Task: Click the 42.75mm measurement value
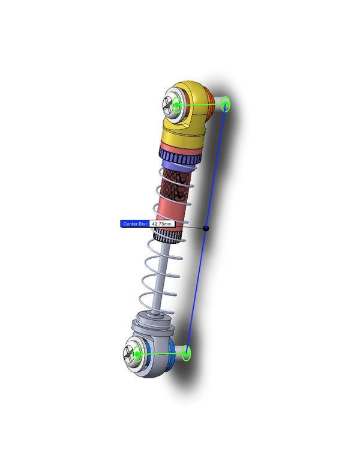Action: click(x=161, y=223)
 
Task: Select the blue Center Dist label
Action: click(x=134, y=223)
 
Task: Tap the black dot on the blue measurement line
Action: click(x=206, y=228)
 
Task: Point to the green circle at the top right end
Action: click(x=226, y=104)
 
